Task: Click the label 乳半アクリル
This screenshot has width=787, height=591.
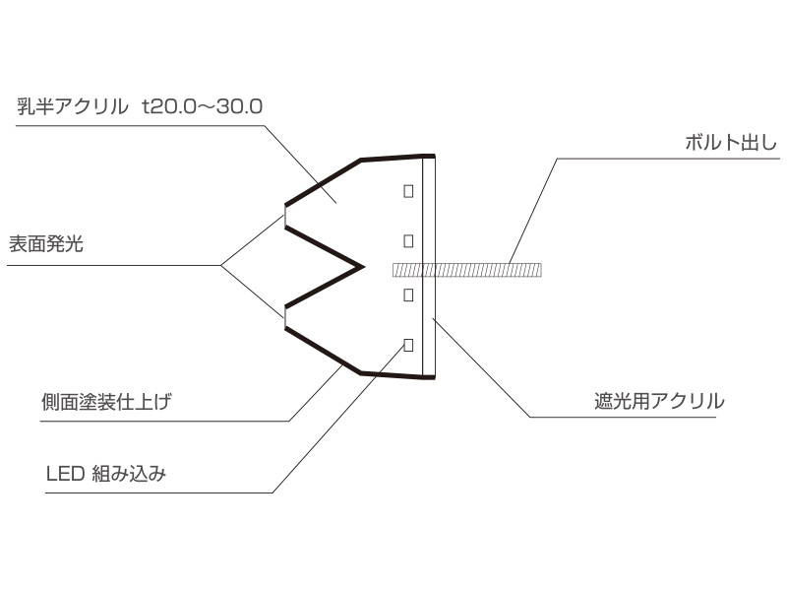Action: pos(72,106)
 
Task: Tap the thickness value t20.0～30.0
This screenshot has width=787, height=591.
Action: pos(203,106)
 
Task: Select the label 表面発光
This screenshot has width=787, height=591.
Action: pos(45,244)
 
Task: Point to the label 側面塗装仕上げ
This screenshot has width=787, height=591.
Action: pos(106,402)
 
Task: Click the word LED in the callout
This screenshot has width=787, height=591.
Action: pos(65,474)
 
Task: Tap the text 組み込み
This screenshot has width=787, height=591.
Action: pos(129,474)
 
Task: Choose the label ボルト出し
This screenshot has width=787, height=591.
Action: pos(731,143)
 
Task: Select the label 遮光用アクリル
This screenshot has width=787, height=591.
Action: pos(659,401)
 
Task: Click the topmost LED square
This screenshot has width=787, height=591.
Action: pos(408,191)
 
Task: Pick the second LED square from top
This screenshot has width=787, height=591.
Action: pos(408,241)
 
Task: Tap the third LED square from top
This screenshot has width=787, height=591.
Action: pos(408,295)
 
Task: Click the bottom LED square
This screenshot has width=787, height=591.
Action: pos(408,345)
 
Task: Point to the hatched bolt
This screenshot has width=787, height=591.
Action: pos(466,270)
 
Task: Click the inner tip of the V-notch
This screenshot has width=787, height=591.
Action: pos(363,267)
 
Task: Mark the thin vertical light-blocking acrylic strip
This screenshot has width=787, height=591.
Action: pos(429,266)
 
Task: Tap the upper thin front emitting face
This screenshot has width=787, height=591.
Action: pos(285,216)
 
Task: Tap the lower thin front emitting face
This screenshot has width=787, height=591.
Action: pos(285,316)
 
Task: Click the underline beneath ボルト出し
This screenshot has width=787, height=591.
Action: pos(669,159)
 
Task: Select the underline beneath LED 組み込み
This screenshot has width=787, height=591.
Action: pos(159,492)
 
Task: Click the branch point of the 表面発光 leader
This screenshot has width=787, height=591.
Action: pos(221,265)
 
